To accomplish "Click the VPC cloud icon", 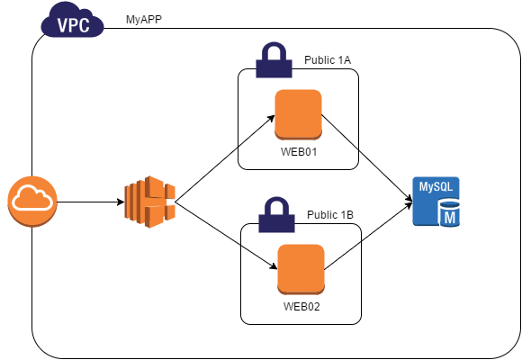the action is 72,20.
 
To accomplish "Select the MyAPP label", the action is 144,20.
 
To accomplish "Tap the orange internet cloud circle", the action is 32,202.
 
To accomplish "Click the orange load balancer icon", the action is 149,202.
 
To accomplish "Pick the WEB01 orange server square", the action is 298,114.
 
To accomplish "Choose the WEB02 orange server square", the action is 301,269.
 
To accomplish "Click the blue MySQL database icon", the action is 436,202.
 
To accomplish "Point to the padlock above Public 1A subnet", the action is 274,60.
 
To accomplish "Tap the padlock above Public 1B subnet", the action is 276,215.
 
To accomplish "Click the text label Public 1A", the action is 328,60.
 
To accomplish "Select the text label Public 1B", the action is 330,215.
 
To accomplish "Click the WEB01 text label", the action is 299,152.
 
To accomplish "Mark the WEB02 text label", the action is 301,306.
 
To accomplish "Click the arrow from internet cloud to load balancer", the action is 91,202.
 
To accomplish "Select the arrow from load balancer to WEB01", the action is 225,158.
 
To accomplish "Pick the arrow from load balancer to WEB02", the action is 227,236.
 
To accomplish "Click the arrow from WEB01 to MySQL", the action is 367,158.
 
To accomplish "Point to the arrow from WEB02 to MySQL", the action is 368,236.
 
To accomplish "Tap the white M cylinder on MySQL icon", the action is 449,213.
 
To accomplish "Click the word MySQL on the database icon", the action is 436,187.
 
